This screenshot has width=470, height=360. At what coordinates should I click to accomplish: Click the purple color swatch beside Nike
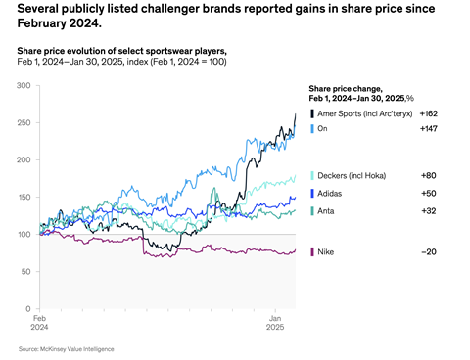311,253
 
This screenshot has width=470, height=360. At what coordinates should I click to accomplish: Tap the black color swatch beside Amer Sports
311,114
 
